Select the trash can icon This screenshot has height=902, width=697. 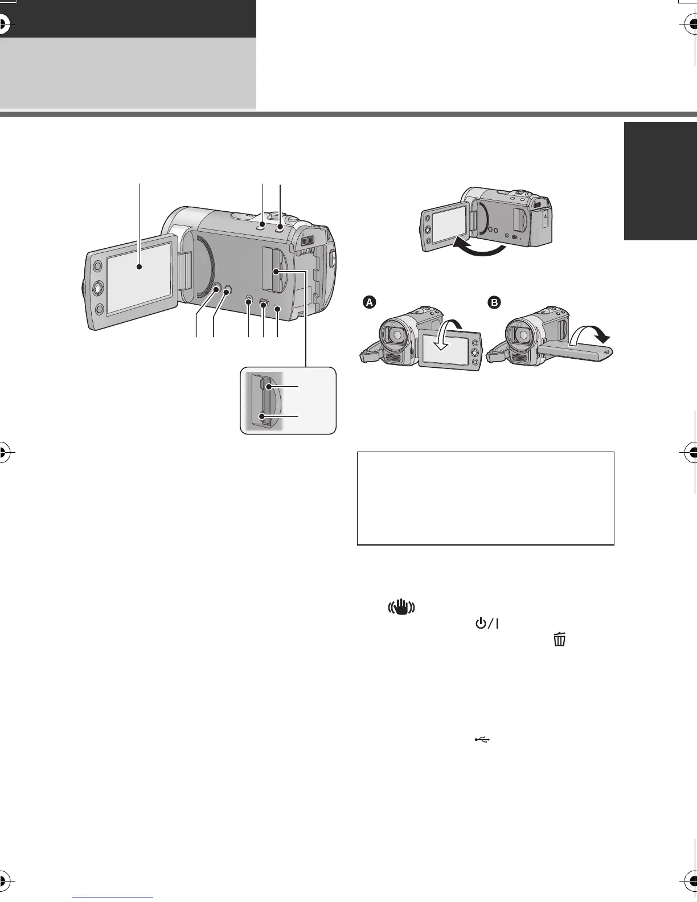click(x=560, y=639)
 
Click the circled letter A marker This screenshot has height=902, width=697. click(x=370, y=303)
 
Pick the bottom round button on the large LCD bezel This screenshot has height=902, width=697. click(x=100, y=309)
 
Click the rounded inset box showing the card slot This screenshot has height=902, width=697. click(x=288, y=401)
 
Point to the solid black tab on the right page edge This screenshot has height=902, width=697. click(x=661, y=181)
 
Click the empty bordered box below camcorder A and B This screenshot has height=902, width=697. click(x=485, y=498)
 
